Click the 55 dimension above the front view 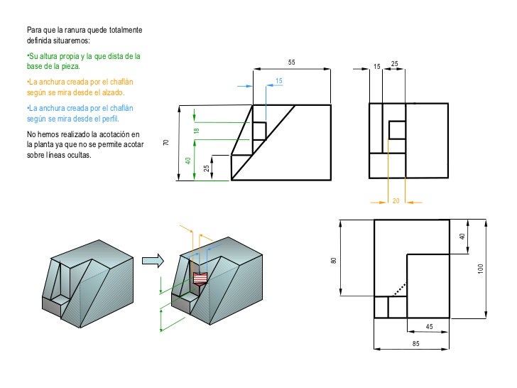(x=292, y=63)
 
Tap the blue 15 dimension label (x=279, y=82)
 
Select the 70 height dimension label (x=166, y=143)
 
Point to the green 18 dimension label (x=197, y=131)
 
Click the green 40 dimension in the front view (x=188, y=161)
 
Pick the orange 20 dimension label (x=396, y=201)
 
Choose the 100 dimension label (x=481, y=269)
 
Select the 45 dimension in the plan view (x=429, y=326)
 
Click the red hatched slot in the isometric (x=202, y=277)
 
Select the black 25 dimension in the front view (x=206, y=168)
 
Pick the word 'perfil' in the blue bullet (x=110, y=119)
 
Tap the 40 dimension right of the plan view (x=462, y=236)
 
